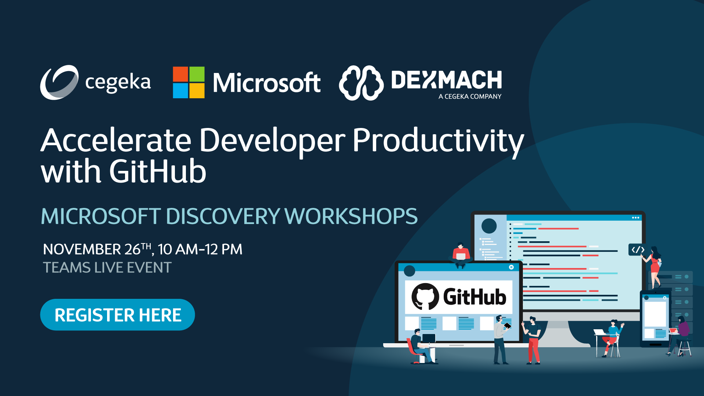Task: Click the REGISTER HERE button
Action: point(117,315)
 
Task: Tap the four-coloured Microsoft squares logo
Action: point(188,82)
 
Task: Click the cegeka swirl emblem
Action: point(59,82)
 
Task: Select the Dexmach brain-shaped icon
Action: point(361,83)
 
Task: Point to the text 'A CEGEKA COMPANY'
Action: point(470,96)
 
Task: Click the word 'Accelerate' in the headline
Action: point(116,141)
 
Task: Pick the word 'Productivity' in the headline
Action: point(438,141)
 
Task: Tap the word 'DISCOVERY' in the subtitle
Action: point(223,216)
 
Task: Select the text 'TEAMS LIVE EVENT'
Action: point(107,268)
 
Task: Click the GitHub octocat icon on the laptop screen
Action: point(425,297)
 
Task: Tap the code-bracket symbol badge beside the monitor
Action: point(638,250)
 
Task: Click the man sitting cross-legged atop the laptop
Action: point(461,255)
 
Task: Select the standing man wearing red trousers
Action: point(533,340)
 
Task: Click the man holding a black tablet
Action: point(500,339)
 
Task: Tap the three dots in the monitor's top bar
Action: point(635,218)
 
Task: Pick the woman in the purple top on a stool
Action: point(681,334)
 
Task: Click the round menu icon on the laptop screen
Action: point(511,267)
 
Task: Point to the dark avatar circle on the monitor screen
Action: point(489,226)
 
